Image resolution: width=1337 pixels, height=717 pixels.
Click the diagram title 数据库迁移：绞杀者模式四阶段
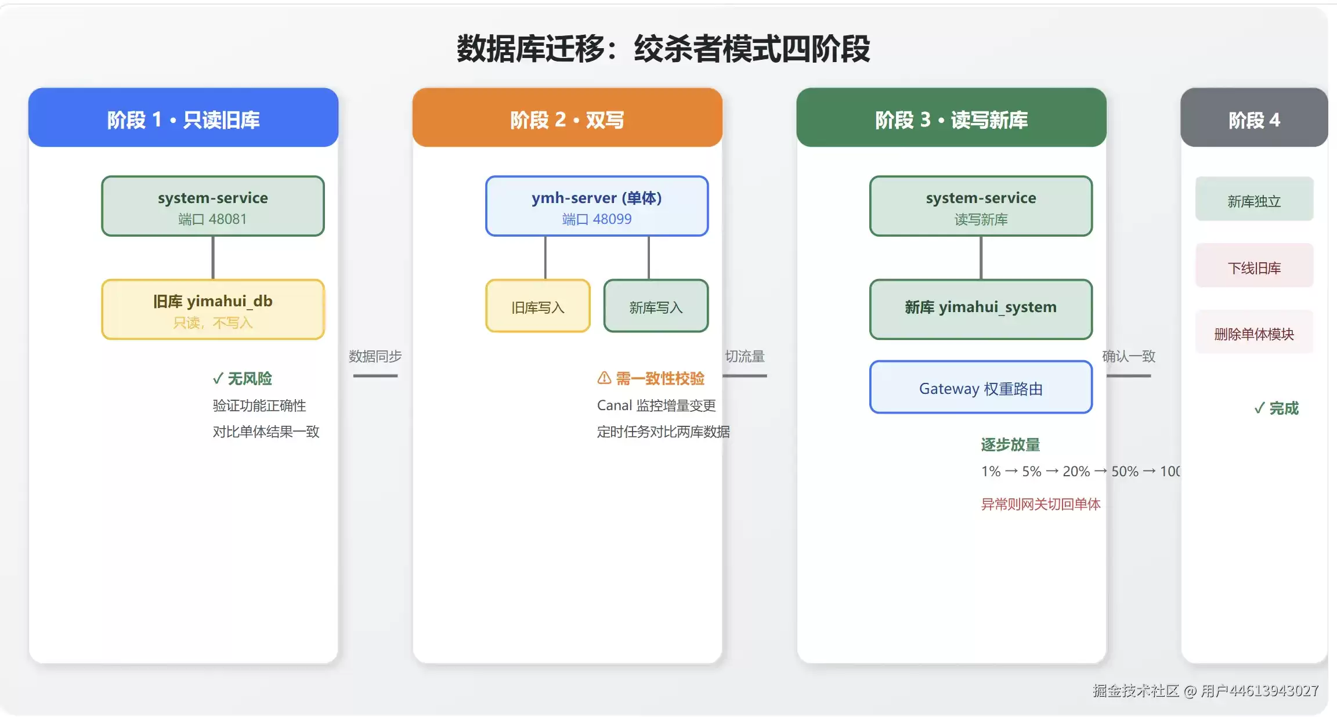click(x=663, y=49)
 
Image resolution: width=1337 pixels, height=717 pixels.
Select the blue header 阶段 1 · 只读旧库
click(x=183, y=118)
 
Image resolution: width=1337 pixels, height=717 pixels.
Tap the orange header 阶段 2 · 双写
click(x=567, y=118)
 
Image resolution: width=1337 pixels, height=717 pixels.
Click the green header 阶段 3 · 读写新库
click(x=951, y=118)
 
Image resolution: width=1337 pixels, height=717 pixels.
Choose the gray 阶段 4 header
click(x=1254, y=118)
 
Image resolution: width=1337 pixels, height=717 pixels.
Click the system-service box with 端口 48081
click(x=213, y=206)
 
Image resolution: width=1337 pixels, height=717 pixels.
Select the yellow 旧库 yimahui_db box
click(x=213, y=310)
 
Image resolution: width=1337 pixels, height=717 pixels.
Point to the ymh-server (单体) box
click(x=597, y=206)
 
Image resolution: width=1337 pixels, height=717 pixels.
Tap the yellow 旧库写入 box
click(x=538, y=306)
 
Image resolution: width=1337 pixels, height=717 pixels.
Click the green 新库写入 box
click(x=656, y=306)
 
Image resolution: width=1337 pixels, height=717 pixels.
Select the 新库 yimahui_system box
click(x=981, y=310)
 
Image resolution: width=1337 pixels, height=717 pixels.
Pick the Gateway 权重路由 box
click(x=981, y=388)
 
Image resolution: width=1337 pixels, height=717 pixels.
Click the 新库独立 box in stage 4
click(x=1254, y=199)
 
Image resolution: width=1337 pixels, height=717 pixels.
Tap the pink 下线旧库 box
click(x=1254, y=266)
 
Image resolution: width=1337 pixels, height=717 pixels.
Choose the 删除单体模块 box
click(x=1254, y=332)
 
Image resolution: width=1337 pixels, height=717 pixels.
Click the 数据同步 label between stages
click(x=375, y=356)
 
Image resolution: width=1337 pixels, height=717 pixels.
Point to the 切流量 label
click(x=745, y=356)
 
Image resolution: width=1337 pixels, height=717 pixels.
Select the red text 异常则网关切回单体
click(x=1040, y=504)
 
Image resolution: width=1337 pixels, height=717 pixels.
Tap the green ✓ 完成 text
click(x=1276, y=408)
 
